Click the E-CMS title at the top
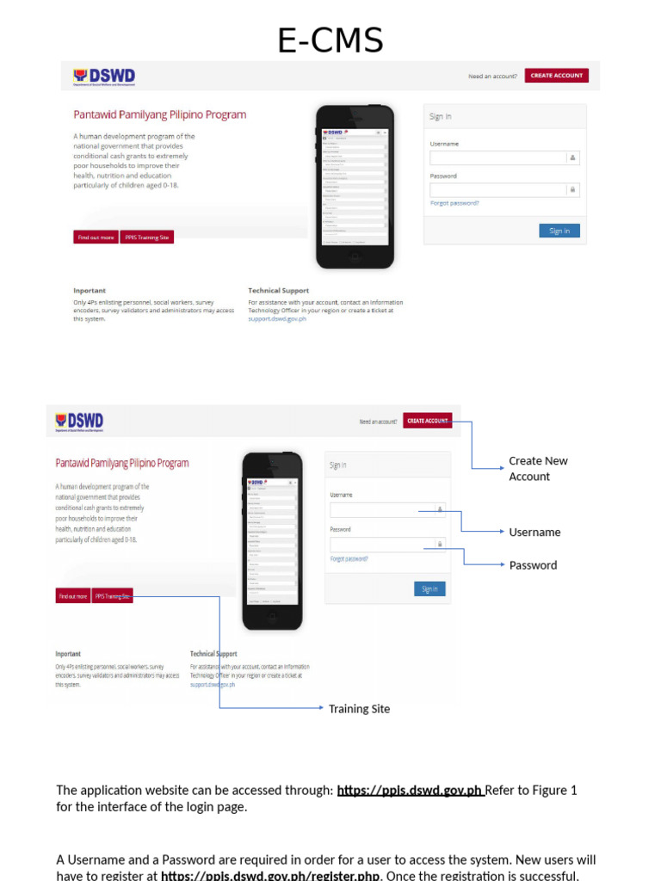[330, 40]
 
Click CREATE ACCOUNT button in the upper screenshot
[556, 76]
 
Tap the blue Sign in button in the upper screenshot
[559, 231]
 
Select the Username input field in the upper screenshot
[497, 157]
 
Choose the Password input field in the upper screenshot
[497, 189]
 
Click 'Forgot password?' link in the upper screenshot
[454, 203]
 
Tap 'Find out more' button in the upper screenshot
[96, 237]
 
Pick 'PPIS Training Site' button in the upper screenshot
[147, 237]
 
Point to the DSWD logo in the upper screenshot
[104, 77]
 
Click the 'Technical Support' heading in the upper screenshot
[278, 291]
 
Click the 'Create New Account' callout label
[538, 468]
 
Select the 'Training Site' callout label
[359, 709]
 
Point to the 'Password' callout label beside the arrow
[533, 565]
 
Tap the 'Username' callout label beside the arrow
[534, 533]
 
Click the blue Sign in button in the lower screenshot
[429, 589]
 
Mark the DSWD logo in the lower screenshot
[79, 422]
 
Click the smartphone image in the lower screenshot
[272, 539]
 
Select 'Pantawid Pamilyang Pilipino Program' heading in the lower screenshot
[122, 463]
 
